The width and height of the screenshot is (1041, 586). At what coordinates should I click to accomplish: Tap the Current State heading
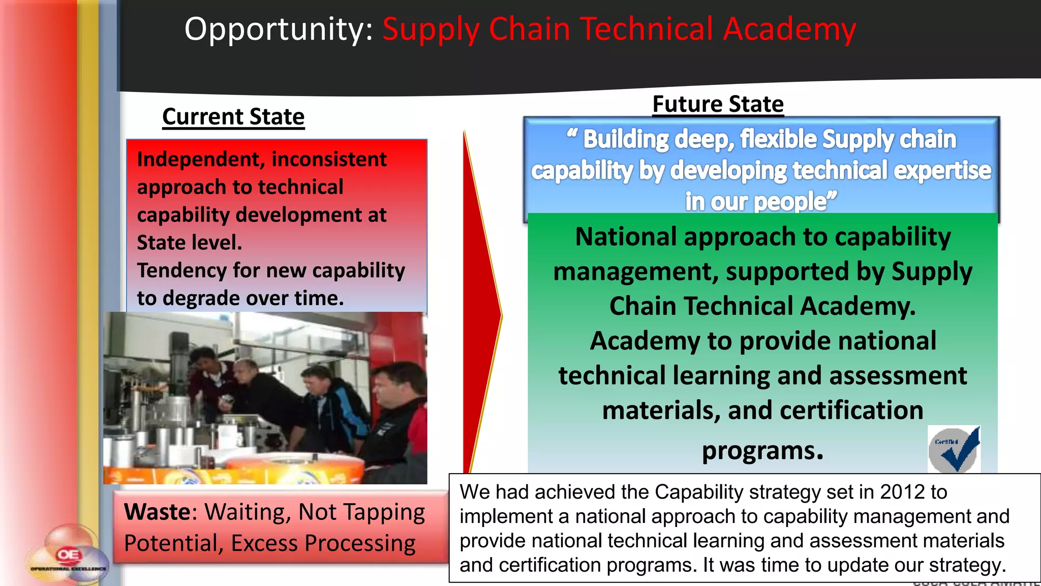click(x=233, y=117)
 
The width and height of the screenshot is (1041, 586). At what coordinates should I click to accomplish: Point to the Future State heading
click(x=718, y=104)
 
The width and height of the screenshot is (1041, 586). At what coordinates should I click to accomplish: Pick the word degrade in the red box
click(x=209, y=298)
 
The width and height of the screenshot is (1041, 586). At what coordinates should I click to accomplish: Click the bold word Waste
click(x=157, y=512)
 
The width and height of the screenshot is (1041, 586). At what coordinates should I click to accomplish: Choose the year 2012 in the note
click(x=902, y=492)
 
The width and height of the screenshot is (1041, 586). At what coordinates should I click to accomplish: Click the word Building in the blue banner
click(x=625, y=139)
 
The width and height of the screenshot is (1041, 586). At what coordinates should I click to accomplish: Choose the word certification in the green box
click(x=851, y=411)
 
